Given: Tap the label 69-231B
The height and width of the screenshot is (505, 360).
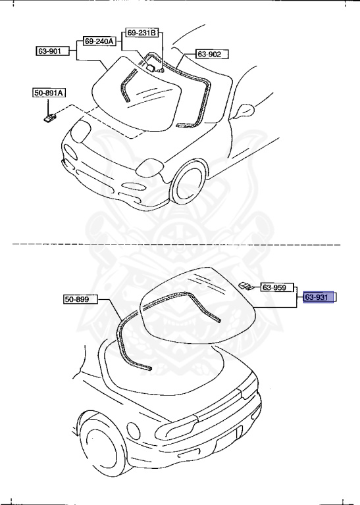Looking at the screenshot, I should click(142, 32).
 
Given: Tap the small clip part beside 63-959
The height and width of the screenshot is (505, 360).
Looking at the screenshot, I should click(246, 285).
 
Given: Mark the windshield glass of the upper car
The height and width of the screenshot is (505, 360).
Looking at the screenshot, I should click(151, 99).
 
